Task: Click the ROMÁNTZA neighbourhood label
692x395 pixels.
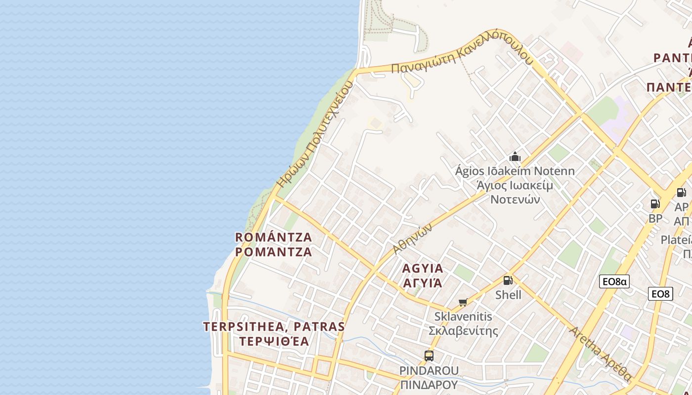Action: click(x=273, y=237)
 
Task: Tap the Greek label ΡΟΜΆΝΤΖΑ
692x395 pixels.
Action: click(x=273, y=252)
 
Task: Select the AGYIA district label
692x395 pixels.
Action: click(x=423, y=269)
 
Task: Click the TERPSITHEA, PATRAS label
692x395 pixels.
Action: click(x=274, y=327)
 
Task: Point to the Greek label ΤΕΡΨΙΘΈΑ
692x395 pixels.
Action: click(x=274, y=341)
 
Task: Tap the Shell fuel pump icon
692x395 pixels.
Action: click(x=508, y=280)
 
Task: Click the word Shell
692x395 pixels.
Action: click(x=508, y=295)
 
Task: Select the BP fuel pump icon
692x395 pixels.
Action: click(x=655, y=203)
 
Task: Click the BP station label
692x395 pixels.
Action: click(x=655, y=218)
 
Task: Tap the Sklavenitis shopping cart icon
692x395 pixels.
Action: click(x=463, y=302)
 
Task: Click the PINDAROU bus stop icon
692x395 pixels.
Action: click(x=429, y=355)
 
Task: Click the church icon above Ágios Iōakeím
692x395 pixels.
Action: click(x=515, y=157)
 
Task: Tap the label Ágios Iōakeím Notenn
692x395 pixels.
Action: click(x=515, y=171)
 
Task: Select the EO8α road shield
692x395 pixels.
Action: click(x=614, y=282)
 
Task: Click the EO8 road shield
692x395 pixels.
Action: click(x=660, y=294)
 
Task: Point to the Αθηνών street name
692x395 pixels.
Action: click(x=413, y=238)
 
